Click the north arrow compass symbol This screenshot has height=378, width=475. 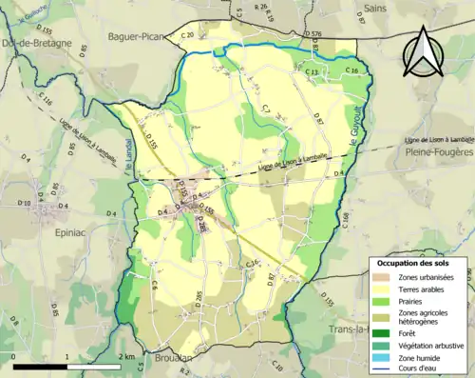[x=421, y=52]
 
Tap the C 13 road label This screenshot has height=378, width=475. [x=311, y=71]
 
